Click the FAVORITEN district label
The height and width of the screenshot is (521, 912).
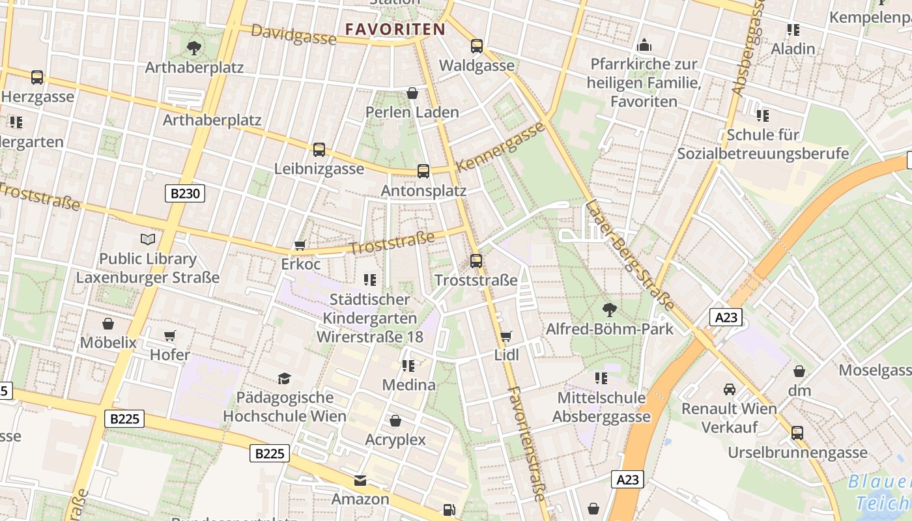click(395, 29)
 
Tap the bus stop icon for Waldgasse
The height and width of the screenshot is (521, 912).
click(477, 46)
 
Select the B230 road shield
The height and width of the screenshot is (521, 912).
click(184, 193)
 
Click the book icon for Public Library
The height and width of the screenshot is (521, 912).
click(148, 239)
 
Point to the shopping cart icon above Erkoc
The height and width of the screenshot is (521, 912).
click(300, 245)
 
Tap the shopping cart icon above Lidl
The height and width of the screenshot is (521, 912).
click(506, 336)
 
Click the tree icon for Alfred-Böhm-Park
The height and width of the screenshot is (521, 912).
click(609, 309)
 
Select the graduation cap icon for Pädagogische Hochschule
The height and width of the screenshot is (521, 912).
click(284, 378)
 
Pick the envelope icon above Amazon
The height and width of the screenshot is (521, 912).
click(360, 481)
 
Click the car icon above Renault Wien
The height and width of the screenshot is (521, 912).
click(730, 389)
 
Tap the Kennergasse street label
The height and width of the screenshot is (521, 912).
click(500, 147)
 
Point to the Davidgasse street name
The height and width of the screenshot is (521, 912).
click(293, 35)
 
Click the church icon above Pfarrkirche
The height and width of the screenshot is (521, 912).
click(644, 45)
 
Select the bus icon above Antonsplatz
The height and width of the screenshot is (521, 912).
click(423, 171)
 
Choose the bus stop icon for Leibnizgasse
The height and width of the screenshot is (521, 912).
click(319, 150)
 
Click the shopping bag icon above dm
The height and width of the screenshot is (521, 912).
click(799, 371)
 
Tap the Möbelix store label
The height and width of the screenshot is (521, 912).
click(108, 343)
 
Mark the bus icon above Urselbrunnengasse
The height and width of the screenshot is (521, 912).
click(797, 433)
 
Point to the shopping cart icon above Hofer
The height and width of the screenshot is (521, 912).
click(170, 335)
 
